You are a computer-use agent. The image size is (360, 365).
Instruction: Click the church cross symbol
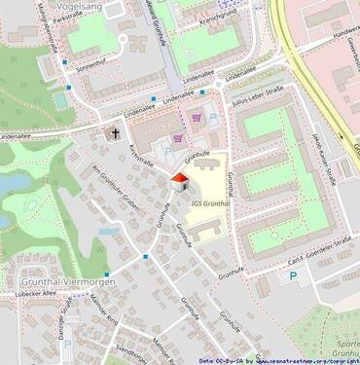(114, 134)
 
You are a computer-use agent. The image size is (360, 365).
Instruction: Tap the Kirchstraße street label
(141, 156)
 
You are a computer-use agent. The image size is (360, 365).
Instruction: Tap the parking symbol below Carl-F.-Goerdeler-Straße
(292, 276)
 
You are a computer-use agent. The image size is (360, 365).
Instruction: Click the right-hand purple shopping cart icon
(200, 118)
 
